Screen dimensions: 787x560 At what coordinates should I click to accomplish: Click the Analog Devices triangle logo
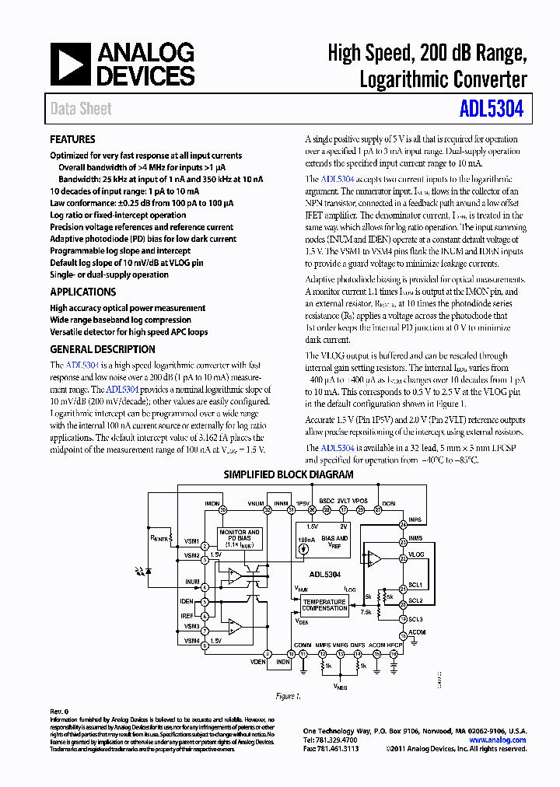click(71, 65)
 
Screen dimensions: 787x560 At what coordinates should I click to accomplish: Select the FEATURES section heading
click(72, 140)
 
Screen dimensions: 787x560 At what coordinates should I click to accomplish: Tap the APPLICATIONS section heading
click(82, 292)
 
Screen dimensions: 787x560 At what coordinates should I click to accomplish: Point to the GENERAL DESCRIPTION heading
click(103, 350)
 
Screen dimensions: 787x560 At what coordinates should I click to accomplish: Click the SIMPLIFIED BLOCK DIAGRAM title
click(278, 474)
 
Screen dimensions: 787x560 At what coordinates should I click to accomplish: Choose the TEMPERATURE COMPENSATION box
click(325, 604)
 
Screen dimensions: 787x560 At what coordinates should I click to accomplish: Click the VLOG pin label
click(416, 554)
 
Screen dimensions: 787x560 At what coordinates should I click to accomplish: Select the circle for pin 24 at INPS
click(403, 526)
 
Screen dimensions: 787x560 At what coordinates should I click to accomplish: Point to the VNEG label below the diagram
click(340, 687)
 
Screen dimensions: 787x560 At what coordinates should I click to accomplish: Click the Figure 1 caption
click(287, 696)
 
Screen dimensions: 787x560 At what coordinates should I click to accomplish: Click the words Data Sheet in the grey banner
click(81, 109)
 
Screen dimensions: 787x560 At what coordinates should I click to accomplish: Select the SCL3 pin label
click(415, 619)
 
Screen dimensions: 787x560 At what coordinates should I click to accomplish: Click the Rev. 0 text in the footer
click(60, 712)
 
